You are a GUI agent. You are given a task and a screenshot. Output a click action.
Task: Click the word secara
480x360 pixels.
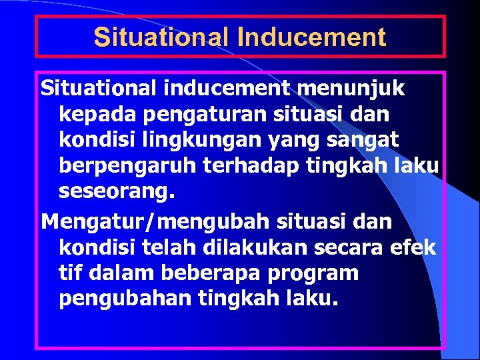pos(346,247)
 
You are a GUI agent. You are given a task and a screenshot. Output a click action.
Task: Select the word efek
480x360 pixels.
pos(412,247)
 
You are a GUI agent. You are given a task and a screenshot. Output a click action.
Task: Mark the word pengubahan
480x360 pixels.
pos(125,298)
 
